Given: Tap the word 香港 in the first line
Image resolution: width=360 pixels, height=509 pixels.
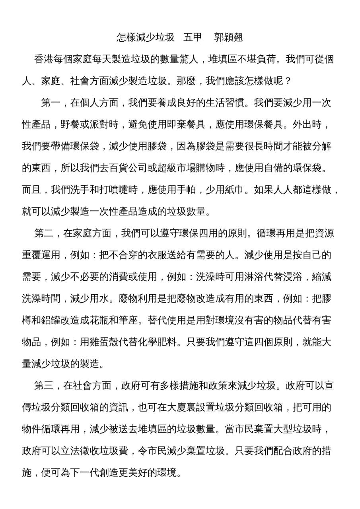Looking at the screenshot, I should pyautogui.click(x=44, y=60).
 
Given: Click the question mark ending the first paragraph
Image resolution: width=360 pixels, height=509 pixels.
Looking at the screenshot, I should pyautogui.click(x=288, y=82).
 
